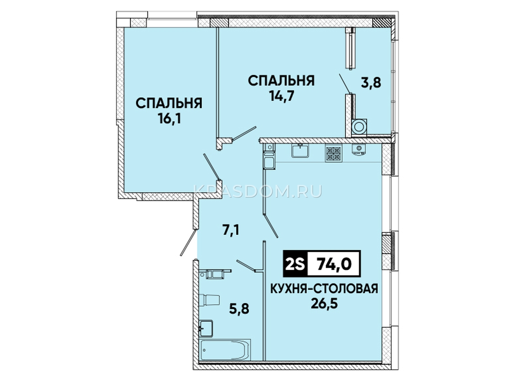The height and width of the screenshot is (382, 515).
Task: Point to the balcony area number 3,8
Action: click(x=371, y=83)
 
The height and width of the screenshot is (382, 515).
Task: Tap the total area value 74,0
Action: click(x=334, y=264)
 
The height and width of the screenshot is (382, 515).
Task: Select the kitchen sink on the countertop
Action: click(x=300, y=150)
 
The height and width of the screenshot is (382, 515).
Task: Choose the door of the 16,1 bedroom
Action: click(x=211, y=167)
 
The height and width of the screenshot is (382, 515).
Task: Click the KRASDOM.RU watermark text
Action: click(x=258, y=192)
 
